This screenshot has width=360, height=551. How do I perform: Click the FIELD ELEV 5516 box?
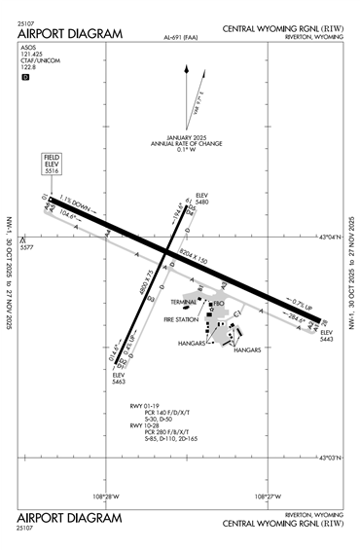[x=53, y=165]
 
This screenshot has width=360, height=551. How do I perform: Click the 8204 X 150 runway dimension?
[x=193, y=257]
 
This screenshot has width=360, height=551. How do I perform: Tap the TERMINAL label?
[x=185, y=303]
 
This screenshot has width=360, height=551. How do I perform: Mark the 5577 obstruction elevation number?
[x=28, y=248]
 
